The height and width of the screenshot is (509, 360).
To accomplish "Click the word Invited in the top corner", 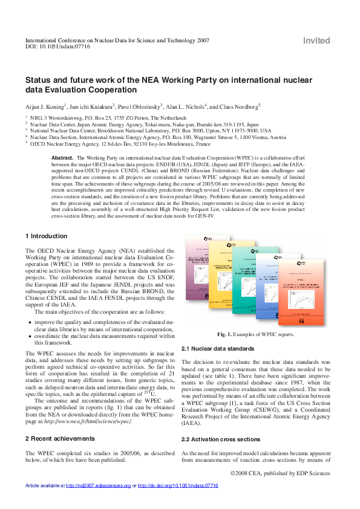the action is pos(316,41).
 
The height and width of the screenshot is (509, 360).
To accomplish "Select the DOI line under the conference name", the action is pos(57,47).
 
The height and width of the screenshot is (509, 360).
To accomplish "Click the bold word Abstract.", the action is pos(62,157).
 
